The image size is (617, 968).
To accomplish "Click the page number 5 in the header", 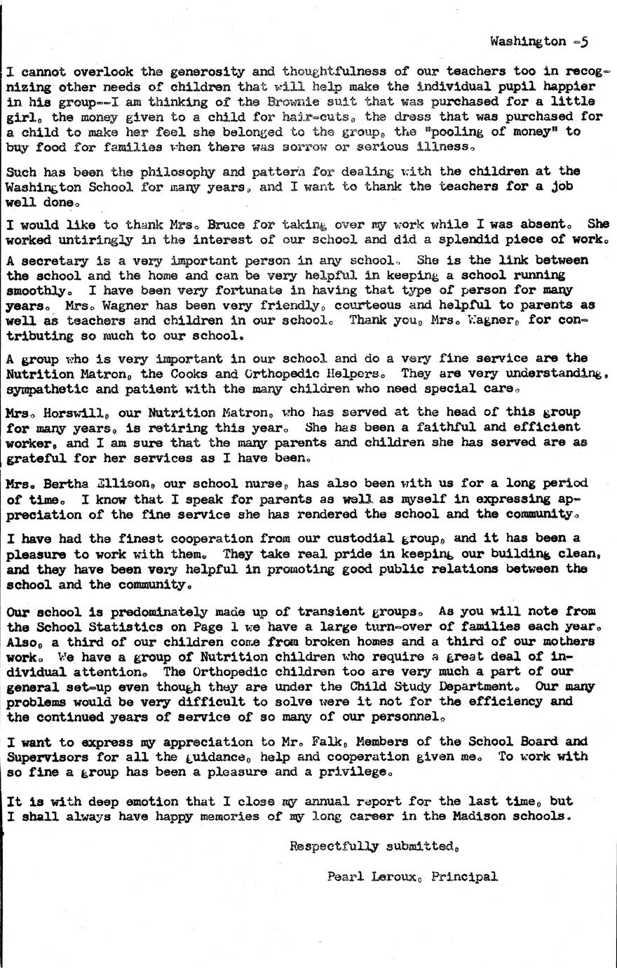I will tap(584, 41).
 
